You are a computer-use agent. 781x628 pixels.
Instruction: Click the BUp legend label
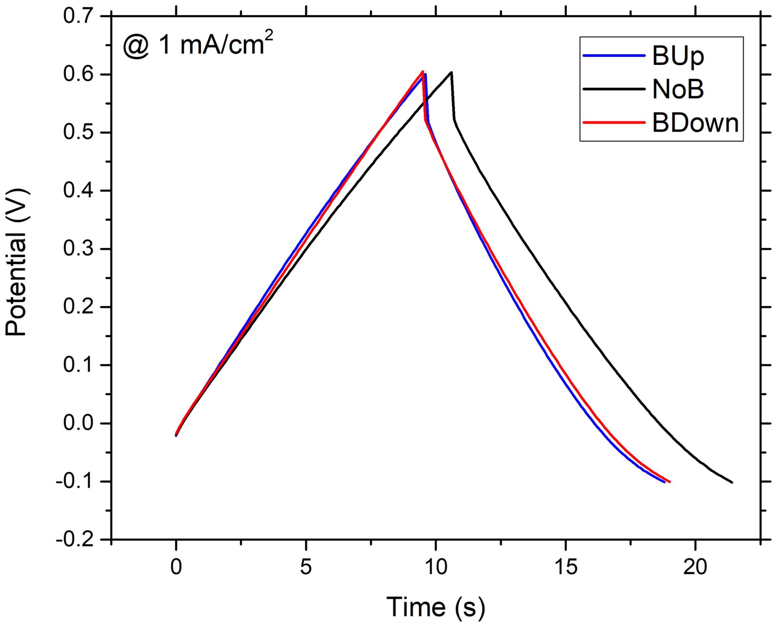[678, 56]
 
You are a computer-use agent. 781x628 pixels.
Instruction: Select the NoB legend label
[678, 89]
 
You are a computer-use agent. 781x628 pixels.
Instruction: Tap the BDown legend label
[695, 123]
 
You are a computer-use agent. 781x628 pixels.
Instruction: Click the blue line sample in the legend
[614, 56]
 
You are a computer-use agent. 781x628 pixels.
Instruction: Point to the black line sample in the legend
[614, 89]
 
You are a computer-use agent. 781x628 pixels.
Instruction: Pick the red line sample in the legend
[614, 122]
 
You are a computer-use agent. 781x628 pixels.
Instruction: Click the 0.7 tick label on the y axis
[78, 16]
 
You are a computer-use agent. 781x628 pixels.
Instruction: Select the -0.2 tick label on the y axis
[75, 540]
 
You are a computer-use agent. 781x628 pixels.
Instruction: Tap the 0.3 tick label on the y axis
[78, 249]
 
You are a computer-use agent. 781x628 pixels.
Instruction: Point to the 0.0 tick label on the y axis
[78, 423]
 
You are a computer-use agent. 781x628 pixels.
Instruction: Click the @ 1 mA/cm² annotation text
[198, 44]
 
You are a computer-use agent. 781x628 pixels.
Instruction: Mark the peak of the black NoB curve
[451, 73]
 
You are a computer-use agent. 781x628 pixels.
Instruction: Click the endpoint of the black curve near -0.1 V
[732, 482]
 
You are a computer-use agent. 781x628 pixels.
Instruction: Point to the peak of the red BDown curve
[422, 72]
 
